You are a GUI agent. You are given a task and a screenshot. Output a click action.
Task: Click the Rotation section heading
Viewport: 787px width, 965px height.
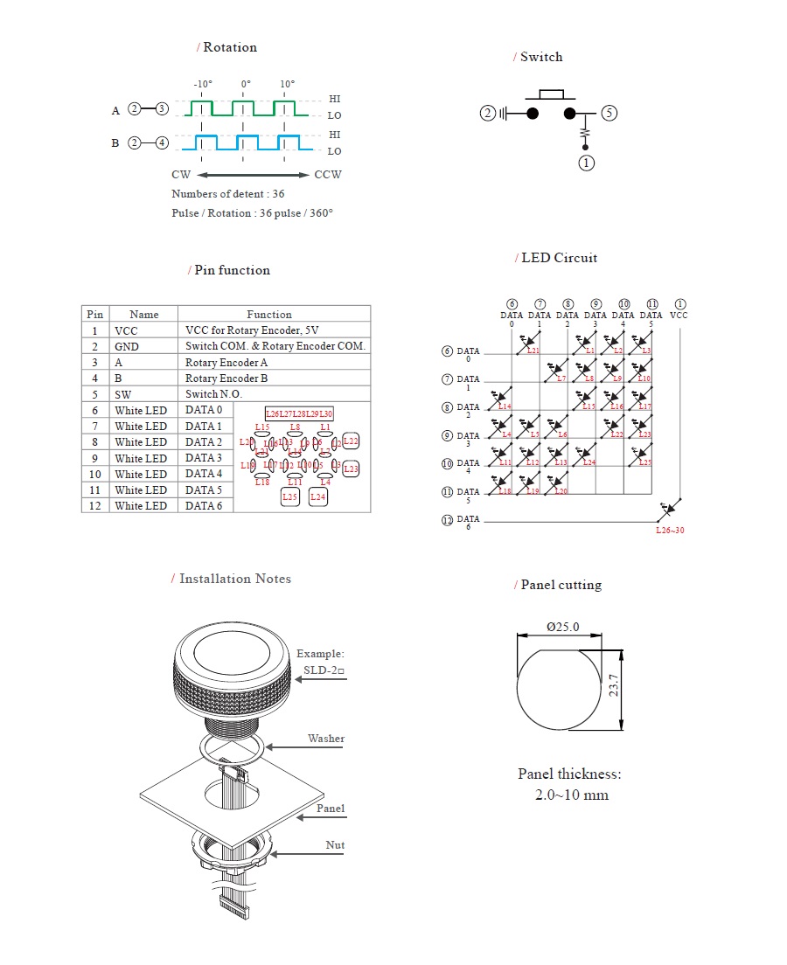229,47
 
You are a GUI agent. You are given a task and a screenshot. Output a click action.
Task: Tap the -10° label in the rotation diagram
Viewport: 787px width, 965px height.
203,85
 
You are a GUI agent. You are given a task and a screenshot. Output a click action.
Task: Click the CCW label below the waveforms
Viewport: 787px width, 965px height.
328,175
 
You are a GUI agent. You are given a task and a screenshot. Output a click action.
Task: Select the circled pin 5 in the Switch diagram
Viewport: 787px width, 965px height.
609,113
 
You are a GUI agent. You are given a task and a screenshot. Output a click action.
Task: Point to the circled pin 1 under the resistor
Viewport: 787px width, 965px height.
586,163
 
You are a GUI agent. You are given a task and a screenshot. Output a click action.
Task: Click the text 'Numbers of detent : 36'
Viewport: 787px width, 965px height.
227,194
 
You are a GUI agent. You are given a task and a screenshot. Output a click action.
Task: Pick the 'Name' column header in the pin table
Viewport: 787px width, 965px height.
143,315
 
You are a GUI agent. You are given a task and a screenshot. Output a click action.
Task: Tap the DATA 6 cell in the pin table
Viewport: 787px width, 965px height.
204,506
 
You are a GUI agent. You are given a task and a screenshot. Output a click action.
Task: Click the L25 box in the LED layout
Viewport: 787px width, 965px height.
290,497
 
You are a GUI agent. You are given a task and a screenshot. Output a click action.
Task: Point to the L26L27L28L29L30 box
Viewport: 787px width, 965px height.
299,413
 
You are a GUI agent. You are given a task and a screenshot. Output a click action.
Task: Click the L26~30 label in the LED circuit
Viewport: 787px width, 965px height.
670,530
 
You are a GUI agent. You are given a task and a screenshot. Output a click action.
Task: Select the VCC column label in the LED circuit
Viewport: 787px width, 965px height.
679,315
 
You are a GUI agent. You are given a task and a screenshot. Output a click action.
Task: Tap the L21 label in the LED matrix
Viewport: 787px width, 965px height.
533,351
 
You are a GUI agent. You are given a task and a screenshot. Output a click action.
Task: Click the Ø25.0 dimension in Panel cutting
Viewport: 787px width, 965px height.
562,628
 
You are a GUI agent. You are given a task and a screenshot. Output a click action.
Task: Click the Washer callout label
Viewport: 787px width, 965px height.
325,739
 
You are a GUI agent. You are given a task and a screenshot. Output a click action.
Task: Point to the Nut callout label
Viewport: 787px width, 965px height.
335,845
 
